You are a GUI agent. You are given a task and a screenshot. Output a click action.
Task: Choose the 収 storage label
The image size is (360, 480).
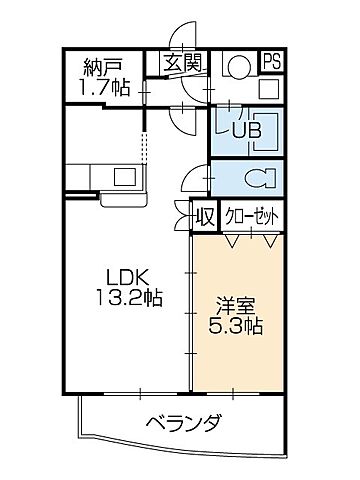tap(204, 216)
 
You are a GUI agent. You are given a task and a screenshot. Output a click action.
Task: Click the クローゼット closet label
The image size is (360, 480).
tap(250, 216)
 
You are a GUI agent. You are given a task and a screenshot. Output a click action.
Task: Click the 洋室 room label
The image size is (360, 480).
tap(236, 305)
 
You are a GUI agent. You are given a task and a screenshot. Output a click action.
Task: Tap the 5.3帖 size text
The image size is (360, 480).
tap(236, 326)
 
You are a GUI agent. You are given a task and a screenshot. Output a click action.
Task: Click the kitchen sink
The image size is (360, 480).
tap(125, 178)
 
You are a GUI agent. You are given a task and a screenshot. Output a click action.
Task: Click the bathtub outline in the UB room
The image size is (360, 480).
tap(261, 131)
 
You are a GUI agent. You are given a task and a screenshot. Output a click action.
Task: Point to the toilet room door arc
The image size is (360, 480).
tap(192, 180)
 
